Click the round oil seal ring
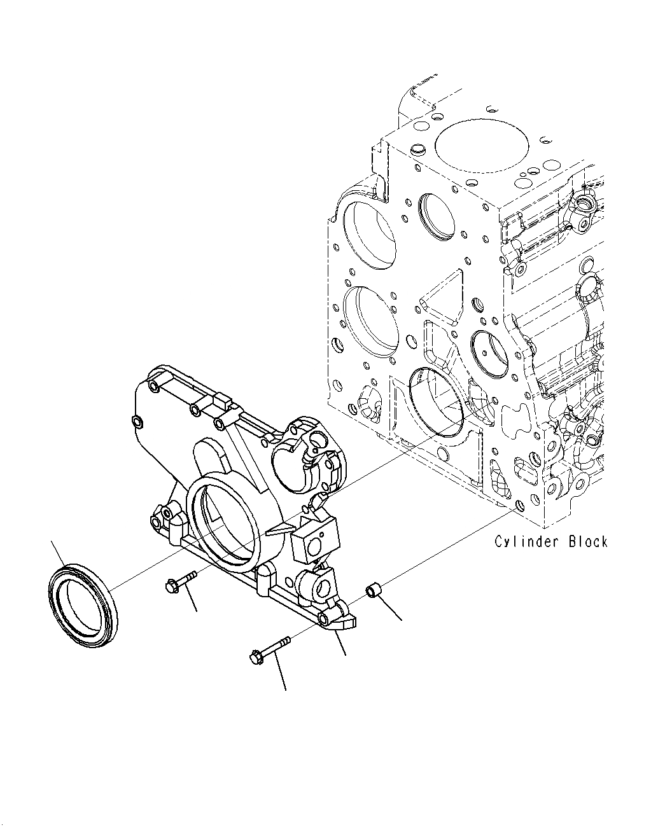click(x=83, y=605)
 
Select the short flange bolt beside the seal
click(x=181, y=582)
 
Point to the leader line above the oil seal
click(x=57, y=552)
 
